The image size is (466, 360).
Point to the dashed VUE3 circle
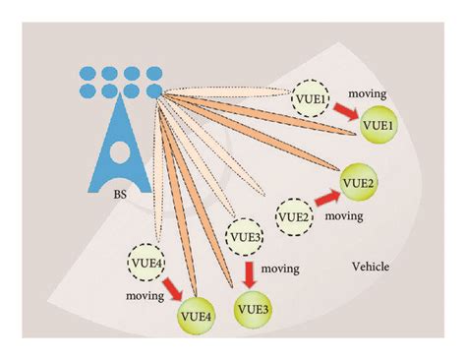coord(245,237)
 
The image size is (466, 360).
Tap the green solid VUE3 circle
coord(253,311)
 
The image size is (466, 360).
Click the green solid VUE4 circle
coord(195,316)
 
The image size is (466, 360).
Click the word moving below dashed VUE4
coord(144,294)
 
